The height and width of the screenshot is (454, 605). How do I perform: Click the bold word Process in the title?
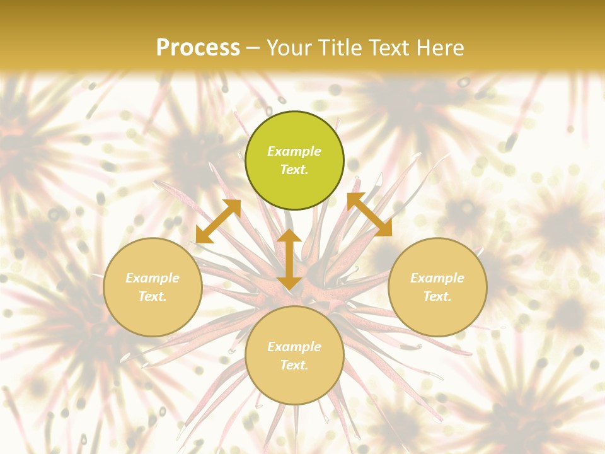(x=198, y=48)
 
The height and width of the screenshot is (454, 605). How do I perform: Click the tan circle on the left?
(x=153, y=287)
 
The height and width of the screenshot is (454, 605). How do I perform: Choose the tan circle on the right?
(x=437, y=287)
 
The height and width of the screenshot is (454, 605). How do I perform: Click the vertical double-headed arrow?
(x=289, y=259)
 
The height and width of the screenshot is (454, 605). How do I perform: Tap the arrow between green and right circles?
(x=369, y=214)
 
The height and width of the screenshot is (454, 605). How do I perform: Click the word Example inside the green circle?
(x=294, y=151)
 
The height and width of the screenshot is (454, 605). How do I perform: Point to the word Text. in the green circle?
(x=294, y=170)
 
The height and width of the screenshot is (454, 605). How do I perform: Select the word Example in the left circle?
(x=153, y=278)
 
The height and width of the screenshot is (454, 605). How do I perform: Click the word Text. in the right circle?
(x=437, y=296)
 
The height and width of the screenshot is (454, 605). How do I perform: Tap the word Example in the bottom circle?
(x=294, y=347)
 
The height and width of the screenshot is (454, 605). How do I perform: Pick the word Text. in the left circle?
(x=153, y=296)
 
